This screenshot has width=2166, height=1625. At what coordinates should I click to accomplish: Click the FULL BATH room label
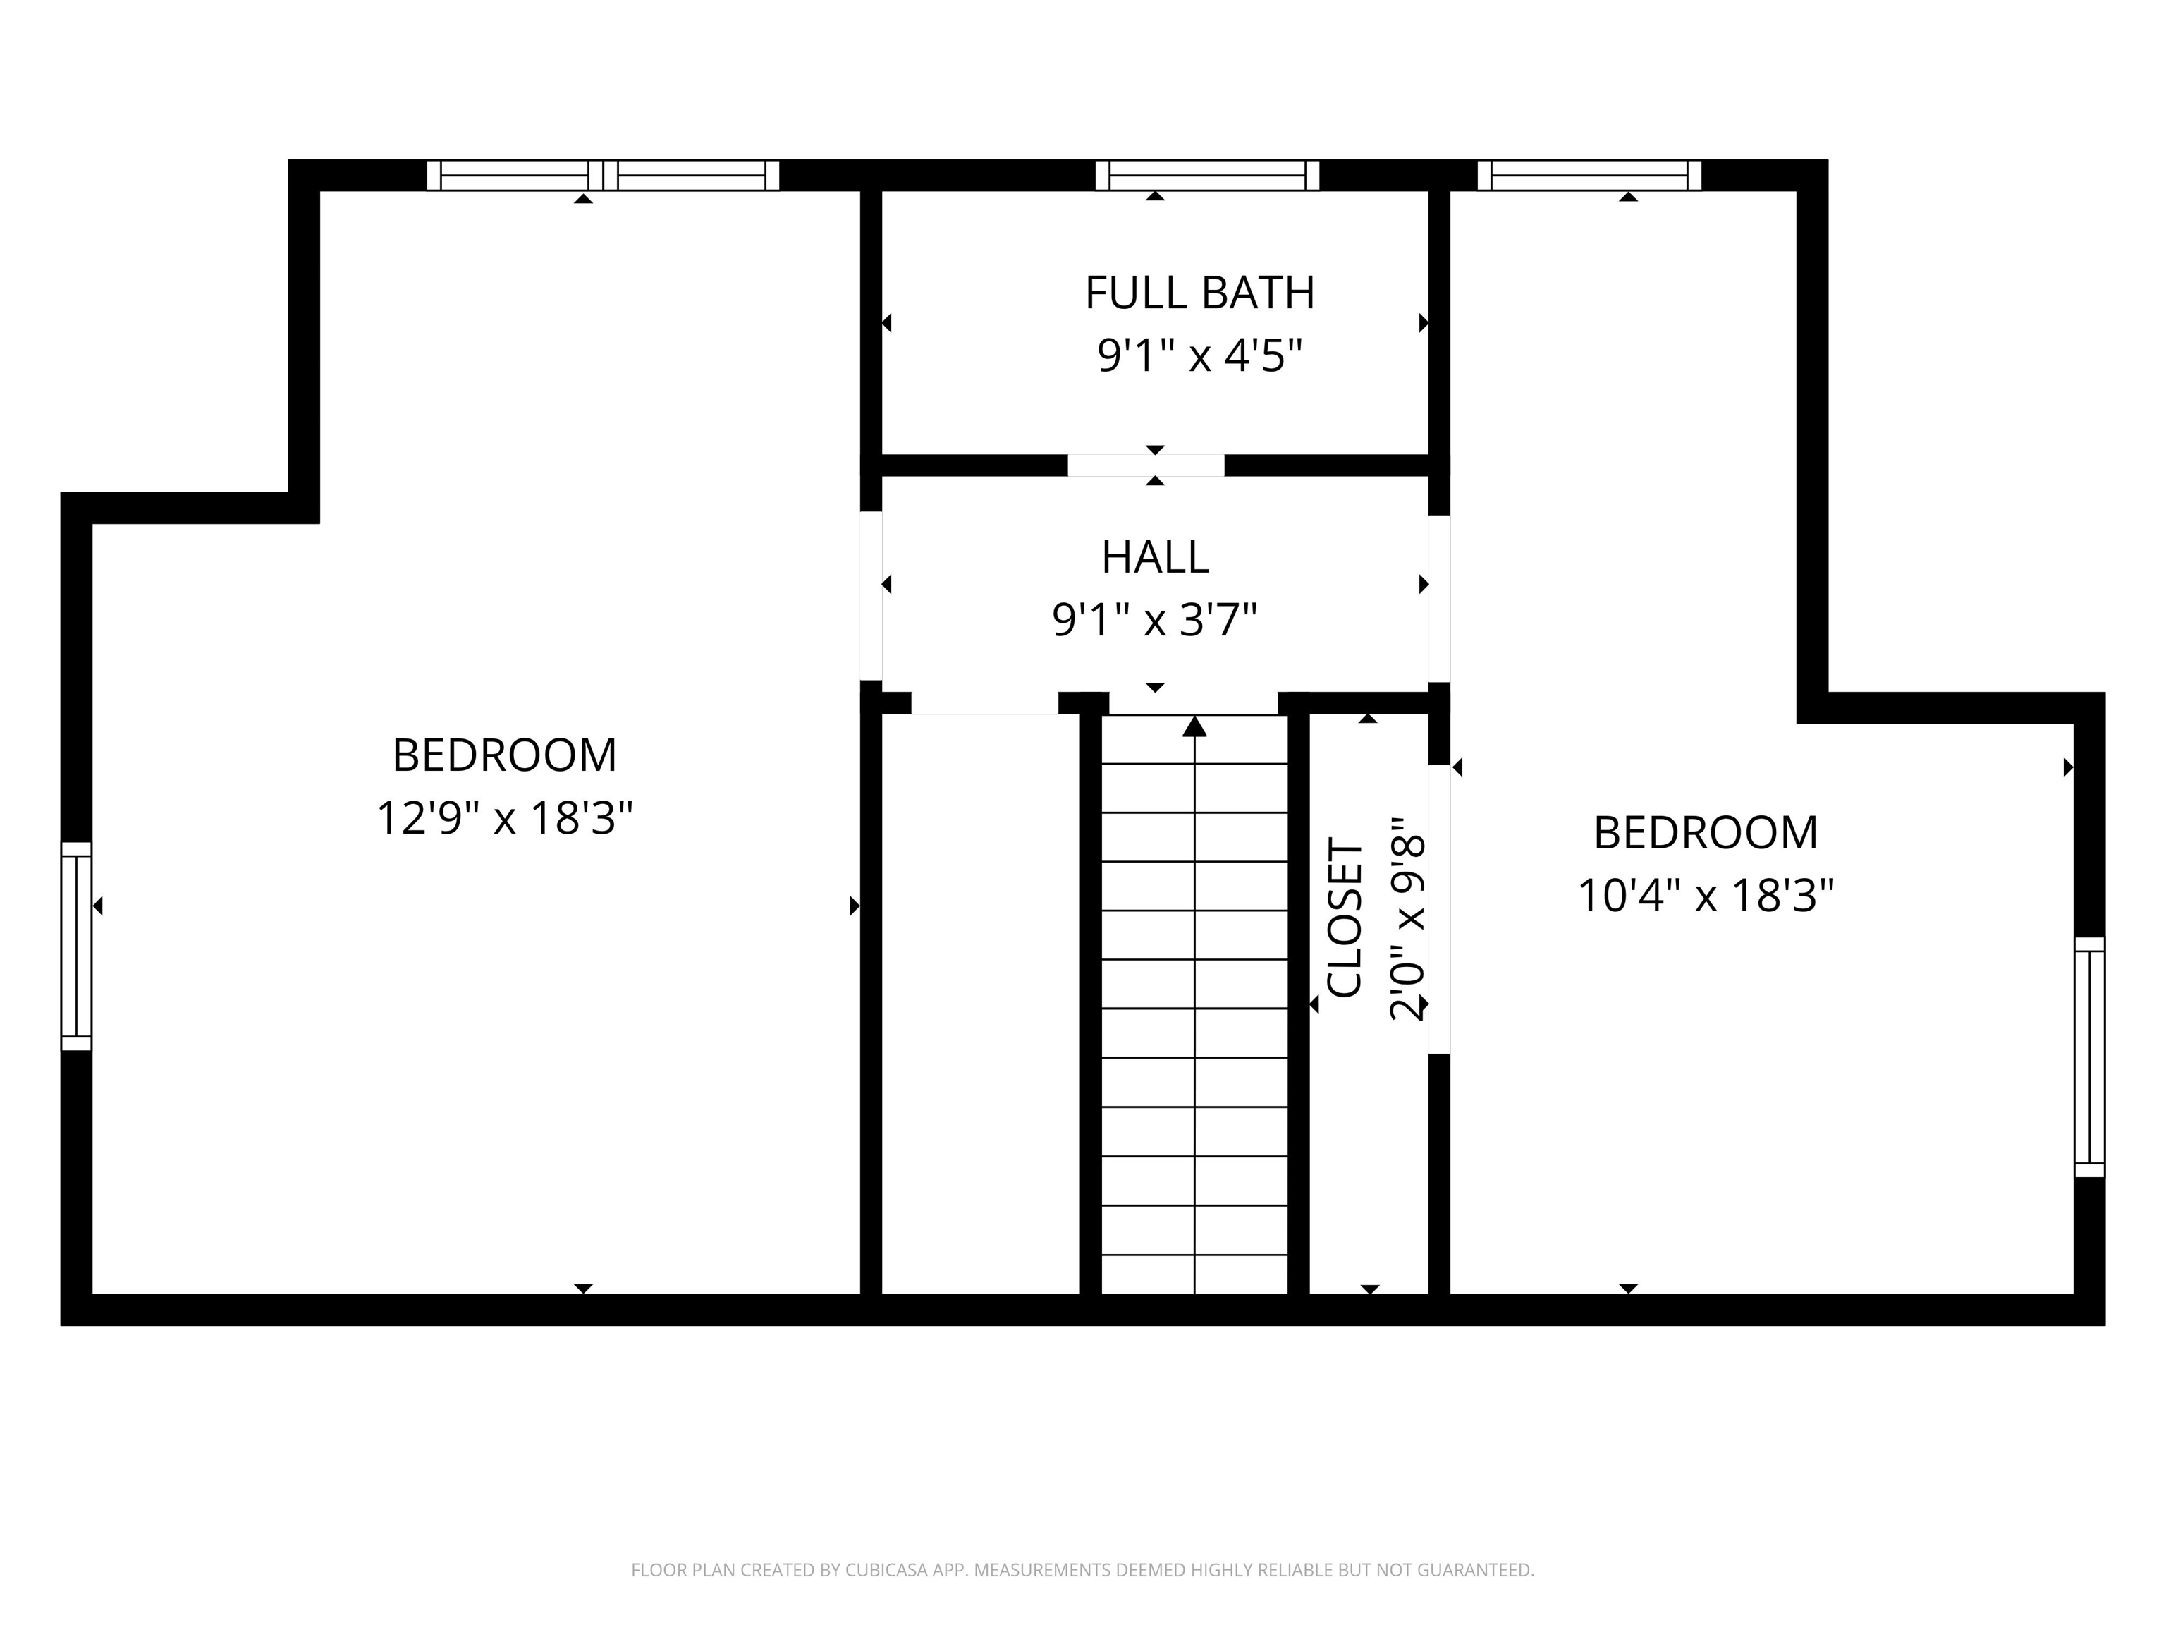click(1199, 293)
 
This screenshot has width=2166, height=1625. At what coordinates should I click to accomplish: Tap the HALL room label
click(1156, 557)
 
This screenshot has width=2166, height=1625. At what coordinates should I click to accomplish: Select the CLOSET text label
click(1345, 917)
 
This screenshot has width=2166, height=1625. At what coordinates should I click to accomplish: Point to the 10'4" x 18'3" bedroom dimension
click(1706, 895)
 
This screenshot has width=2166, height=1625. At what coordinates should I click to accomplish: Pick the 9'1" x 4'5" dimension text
click(1199, 355)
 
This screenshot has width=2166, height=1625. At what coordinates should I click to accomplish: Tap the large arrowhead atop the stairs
click(1194, 726)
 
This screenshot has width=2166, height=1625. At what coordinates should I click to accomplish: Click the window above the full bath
click(1207, 176)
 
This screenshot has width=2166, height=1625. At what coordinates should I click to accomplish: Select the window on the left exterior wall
click(76, 947)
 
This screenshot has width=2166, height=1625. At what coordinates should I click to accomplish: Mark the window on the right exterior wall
click(2090, 1057)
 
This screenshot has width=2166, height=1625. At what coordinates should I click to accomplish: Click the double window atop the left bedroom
click(603, 176)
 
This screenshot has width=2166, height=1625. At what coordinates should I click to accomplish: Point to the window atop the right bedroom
click(1589, 176)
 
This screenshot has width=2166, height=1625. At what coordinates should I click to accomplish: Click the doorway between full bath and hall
click(1146, 465)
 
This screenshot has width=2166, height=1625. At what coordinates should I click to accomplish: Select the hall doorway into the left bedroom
click(871, 595)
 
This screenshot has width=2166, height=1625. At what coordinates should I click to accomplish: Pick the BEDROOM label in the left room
click(506, 755)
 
